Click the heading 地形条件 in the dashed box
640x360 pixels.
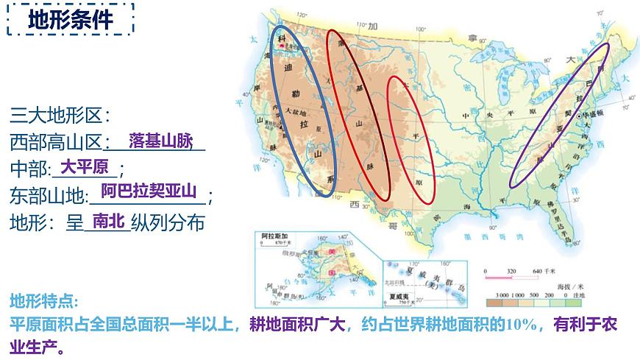point(71,21)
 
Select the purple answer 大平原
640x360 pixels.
point(84,166)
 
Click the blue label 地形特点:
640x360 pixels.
point(43,301)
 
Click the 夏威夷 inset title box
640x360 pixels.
point(398,292)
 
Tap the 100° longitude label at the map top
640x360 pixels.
point(421,29)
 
